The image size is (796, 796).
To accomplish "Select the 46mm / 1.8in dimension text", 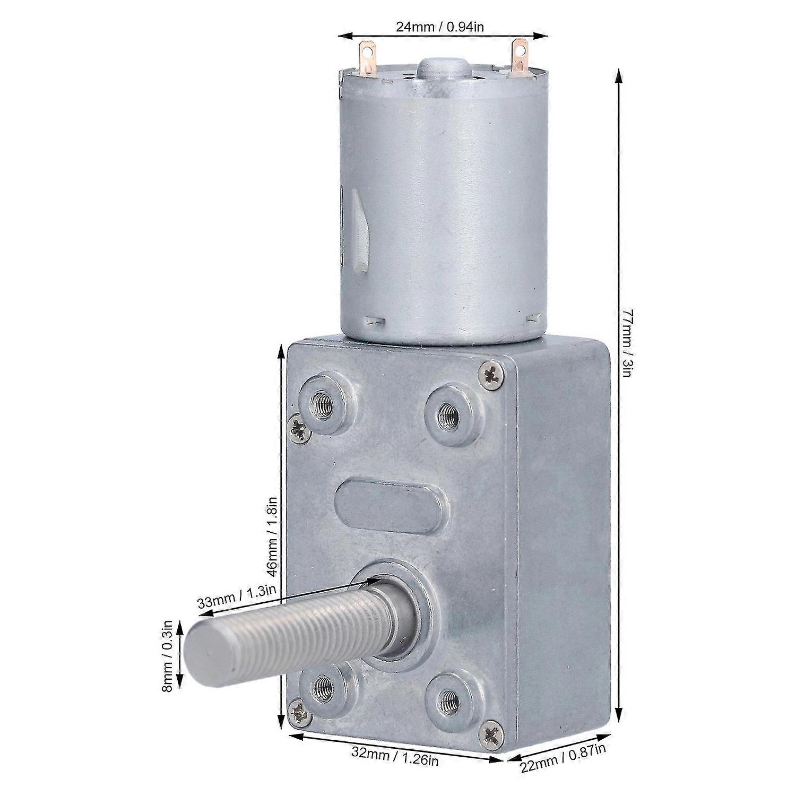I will click(272, 537).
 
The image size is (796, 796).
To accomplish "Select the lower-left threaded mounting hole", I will click(322, 689).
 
